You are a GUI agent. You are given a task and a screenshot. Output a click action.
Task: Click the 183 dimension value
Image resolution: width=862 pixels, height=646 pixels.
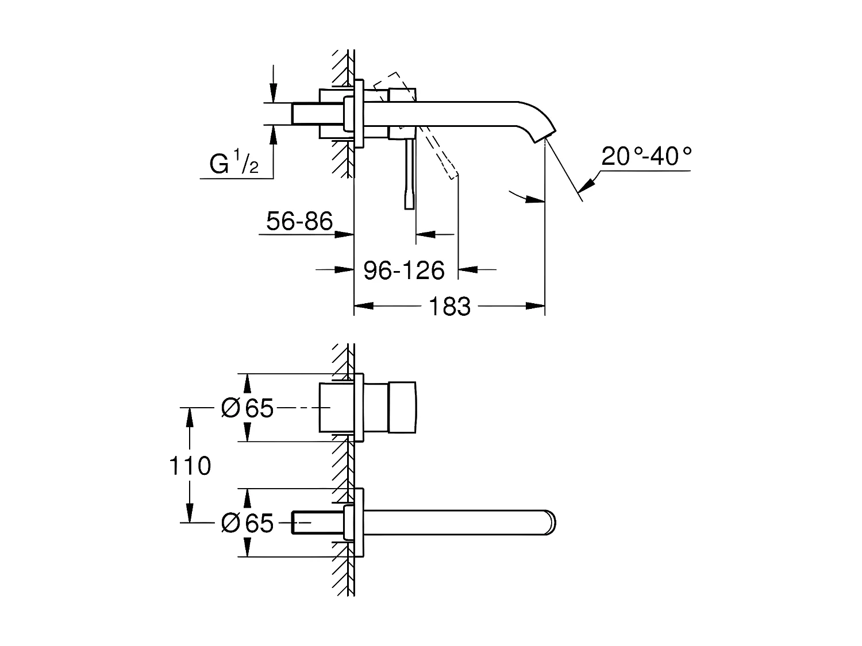point(449,307)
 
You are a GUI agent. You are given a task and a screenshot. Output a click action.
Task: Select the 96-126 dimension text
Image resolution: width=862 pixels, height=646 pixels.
point(404,270)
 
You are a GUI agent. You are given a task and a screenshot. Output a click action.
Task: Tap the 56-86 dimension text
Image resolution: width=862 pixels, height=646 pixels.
point(299,221)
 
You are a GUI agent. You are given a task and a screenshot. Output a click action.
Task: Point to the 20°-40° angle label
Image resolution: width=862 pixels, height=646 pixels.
point(646,156)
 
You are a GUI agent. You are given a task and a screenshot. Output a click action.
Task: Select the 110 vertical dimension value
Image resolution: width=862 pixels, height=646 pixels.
point(190,466)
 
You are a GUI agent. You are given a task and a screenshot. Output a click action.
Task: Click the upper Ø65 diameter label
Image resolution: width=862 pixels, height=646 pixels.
point(247,408)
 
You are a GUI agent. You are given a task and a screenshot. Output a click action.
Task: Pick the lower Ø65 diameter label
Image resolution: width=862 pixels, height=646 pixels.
point(247,523)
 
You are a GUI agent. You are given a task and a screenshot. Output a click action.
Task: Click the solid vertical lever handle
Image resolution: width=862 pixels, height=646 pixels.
point(409,175)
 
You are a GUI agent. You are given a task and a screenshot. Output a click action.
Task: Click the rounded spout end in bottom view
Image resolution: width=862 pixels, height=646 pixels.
point(551,522)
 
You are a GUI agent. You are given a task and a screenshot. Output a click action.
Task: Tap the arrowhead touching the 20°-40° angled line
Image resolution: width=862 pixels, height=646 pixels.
point(587,186)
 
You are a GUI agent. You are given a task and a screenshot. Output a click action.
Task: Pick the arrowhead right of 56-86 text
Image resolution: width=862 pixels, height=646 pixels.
point(345,234)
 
